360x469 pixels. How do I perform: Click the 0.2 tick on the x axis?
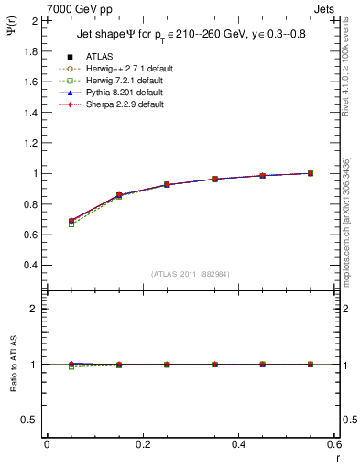tap(142, 443)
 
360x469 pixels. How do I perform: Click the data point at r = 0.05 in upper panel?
tap(71, 221)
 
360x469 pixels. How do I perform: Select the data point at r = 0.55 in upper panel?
tap(310, 173)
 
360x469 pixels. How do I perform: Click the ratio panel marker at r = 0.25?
tap(167, 365)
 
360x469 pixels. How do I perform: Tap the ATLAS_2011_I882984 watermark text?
tap(190, 274)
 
